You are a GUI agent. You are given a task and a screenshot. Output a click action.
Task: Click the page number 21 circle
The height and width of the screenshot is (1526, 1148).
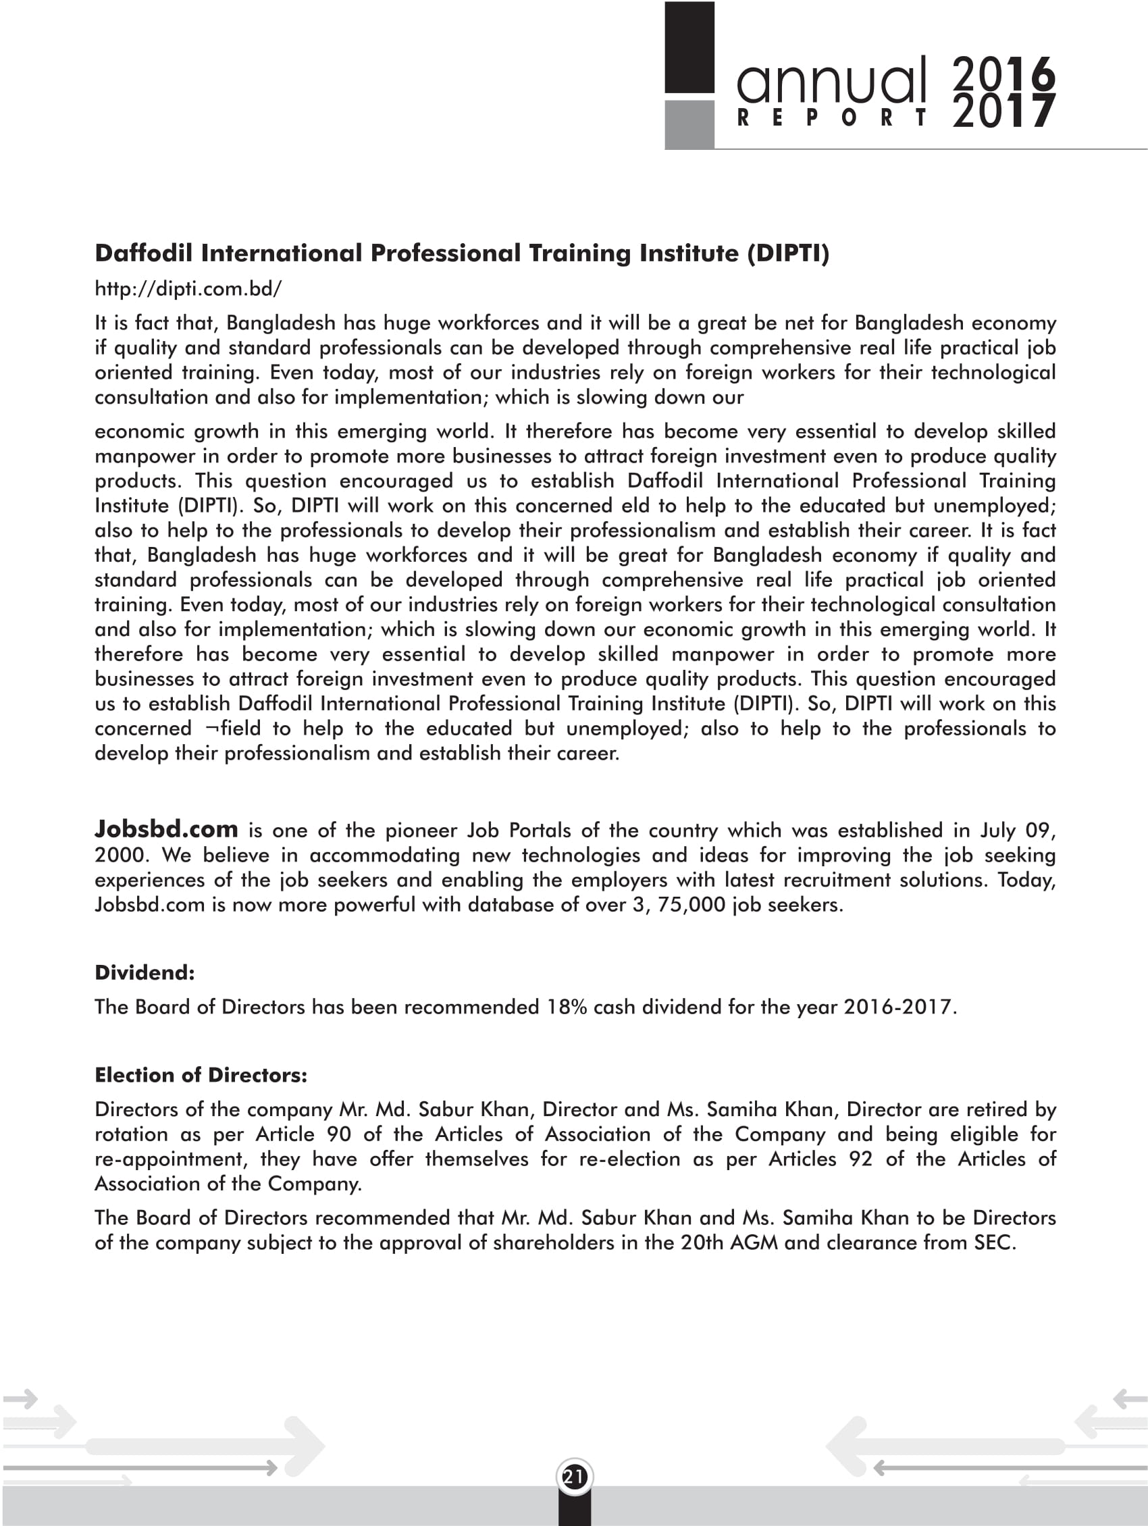573,1477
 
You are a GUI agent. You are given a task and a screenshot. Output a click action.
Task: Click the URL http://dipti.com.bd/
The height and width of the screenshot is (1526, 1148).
188,288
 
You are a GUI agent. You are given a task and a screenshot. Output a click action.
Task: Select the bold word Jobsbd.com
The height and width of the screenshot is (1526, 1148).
166,828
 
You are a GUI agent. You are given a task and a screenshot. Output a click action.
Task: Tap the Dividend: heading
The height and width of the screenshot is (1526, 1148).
145,973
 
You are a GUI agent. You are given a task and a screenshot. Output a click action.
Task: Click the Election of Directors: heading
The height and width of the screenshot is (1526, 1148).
201,1075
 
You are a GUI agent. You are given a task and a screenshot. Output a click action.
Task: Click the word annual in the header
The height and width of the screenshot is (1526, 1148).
832,80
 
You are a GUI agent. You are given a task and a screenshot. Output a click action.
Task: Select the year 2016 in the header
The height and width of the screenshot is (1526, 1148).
1003,74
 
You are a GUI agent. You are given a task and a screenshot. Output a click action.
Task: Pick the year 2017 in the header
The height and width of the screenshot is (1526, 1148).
1003,112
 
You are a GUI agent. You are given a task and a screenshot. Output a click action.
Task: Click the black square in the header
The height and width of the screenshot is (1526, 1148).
689,47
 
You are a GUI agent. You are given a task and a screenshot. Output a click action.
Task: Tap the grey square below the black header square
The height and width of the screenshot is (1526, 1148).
689,125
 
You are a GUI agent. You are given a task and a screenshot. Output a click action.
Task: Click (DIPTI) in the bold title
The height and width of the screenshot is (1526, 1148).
788,253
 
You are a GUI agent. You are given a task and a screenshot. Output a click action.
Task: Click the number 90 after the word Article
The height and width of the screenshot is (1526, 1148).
339,1134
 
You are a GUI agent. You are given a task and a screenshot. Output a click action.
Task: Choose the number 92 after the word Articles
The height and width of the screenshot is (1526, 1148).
860,1159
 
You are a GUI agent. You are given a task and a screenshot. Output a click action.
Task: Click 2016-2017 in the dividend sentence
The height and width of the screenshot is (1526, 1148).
897,1007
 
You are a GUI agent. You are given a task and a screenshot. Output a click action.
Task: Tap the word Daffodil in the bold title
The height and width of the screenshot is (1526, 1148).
143,253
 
